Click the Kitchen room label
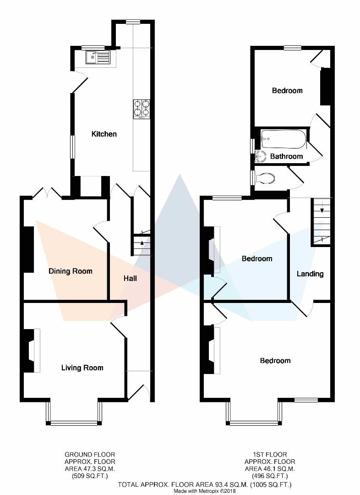104,134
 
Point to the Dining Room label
71,271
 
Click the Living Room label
82,368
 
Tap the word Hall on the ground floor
130,278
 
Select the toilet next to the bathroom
266,178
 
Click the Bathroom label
286,156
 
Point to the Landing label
310,274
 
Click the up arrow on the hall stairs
142,243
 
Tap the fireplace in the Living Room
30,351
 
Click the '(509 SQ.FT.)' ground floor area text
90,475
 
